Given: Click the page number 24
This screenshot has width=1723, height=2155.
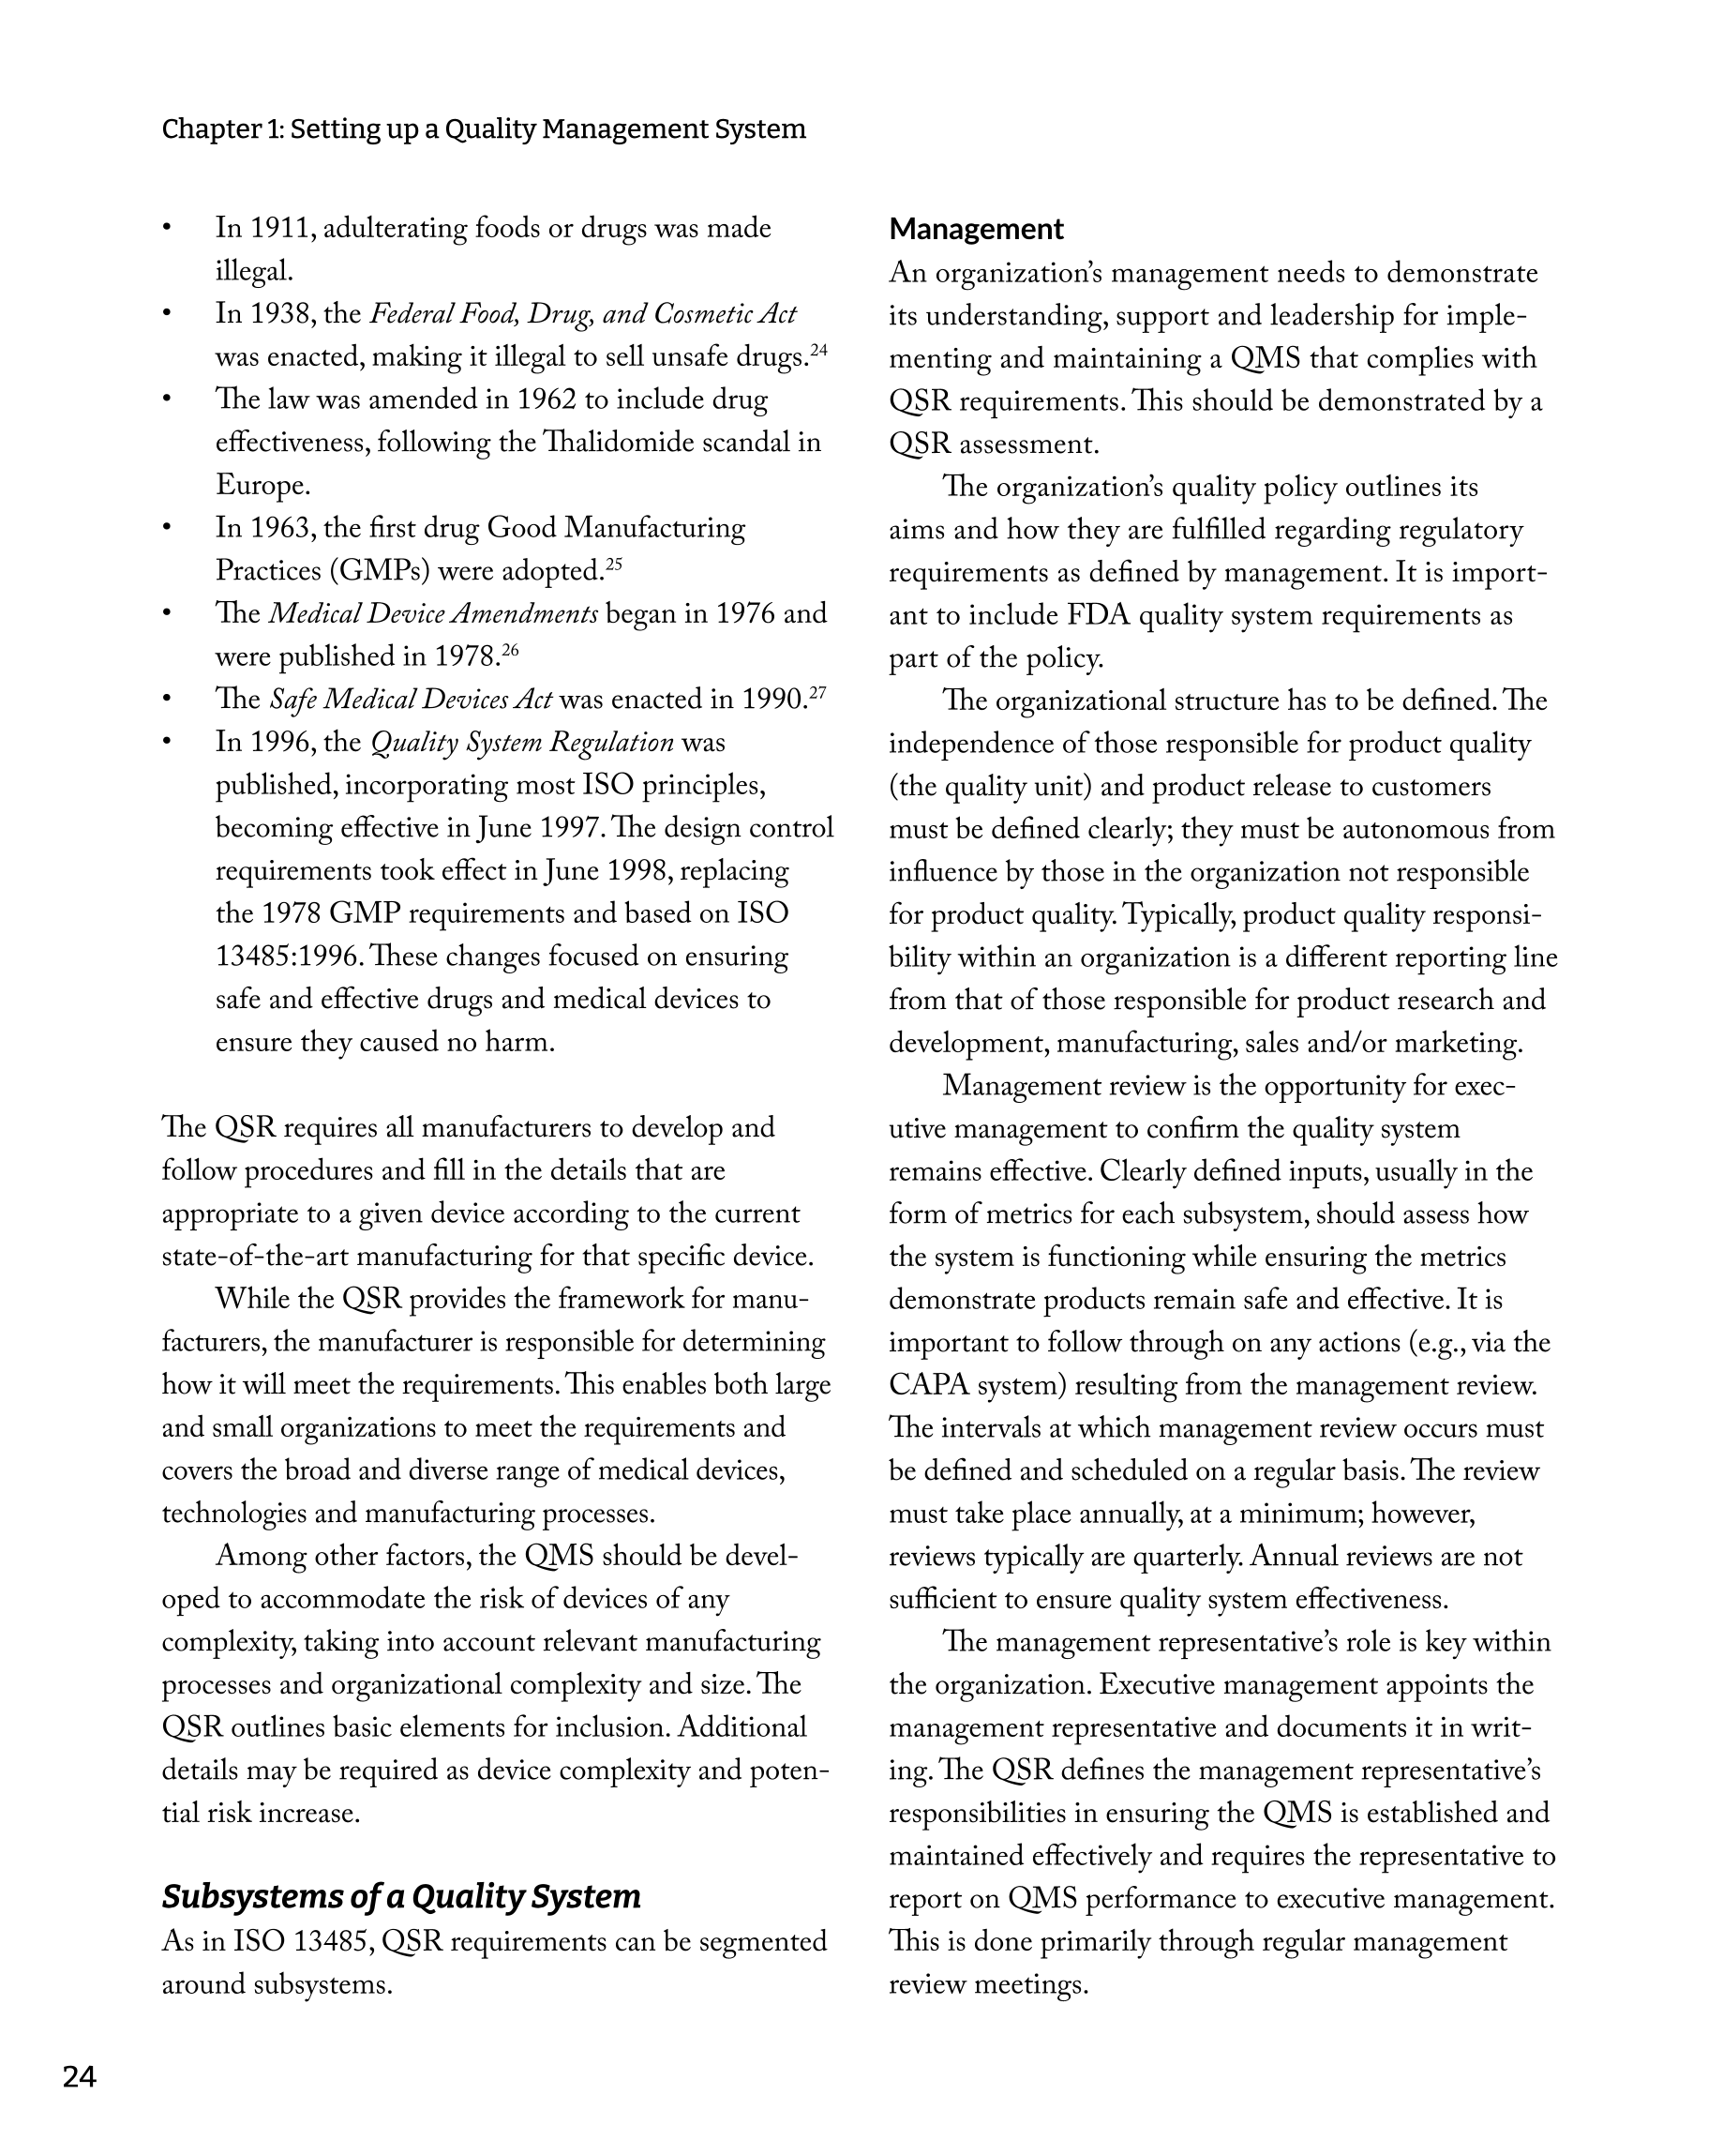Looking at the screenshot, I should pos(79,2077).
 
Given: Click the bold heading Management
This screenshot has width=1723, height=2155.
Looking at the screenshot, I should pos(976,229).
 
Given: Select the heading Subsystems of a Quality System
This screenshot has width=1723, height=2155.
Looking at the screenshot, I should pos(401,1896).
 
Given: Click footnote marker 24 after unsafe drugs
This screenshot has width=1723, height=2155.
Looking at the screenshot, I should pos(818,350).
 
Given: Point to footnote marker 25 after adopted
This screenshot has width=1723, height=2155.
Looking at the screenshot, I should pos(614,564).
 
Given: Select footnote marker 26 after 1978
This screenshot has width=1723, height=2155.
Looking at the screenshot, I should pos(510,650).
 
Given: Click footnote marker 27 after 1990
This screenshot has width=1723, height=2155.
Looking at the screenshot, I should pos(817,692).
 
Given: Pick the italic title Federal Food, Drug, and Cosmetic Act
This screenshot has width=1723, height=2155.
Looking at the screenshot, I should pos(583,315).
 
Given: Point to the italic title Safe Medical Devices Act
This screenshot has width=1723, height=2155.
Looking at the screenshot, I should pos(411,700).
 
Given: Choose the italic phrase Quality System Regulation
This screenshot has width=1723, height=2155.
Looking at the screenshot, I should pos(522,743).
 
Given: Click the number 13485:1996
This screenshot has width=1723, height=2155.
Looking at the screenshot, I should pos(288,957).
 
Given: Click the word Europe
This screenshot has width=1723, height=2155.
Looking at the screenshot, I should pos(262,486).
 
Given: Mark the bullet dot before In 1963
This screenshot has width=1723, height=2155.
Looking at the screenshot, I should pos(168,528).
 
